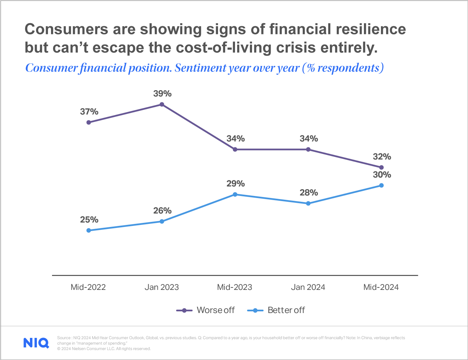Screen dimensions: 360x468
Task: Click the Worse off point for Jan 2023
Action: coord(162,104)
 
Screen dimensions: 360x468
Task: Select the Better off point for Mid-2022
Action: coord(89,230)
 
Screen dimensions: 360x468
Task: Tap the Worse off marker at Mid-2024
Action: coord(381,167)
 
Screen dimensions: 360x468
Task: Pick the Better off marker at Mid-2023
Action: coord(235,194)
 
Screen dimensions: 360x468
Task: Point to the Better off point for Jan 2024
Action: coord(308,203)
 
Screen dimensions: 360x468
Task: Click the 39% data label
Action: coord(162,94)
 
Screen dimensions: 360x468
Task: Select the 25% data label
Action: coord(89,220)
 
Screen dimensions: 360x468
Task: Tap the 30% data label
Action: coord(382,175)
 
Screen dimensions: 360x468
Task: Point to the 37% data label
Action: coord(89,112)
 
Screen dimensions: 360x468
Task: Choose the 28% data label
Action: coord(308,193)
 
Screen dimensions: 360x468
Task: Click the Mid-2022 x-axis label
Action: coord(88,287)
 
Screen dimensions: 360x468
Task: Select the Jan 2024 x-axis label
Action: coord(308,287)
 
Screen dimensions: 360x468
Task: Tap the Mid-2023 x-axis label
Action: coord(235,287)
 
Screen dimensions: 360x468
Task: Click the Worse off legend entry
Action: coord(206,310)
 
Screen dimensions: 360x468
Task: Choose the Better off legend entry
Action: coord(276,310)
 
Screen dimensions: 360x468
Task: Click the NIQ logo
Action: coord(36,343)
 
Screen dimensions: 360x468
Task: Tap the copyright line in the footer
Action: coord(104,349)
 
